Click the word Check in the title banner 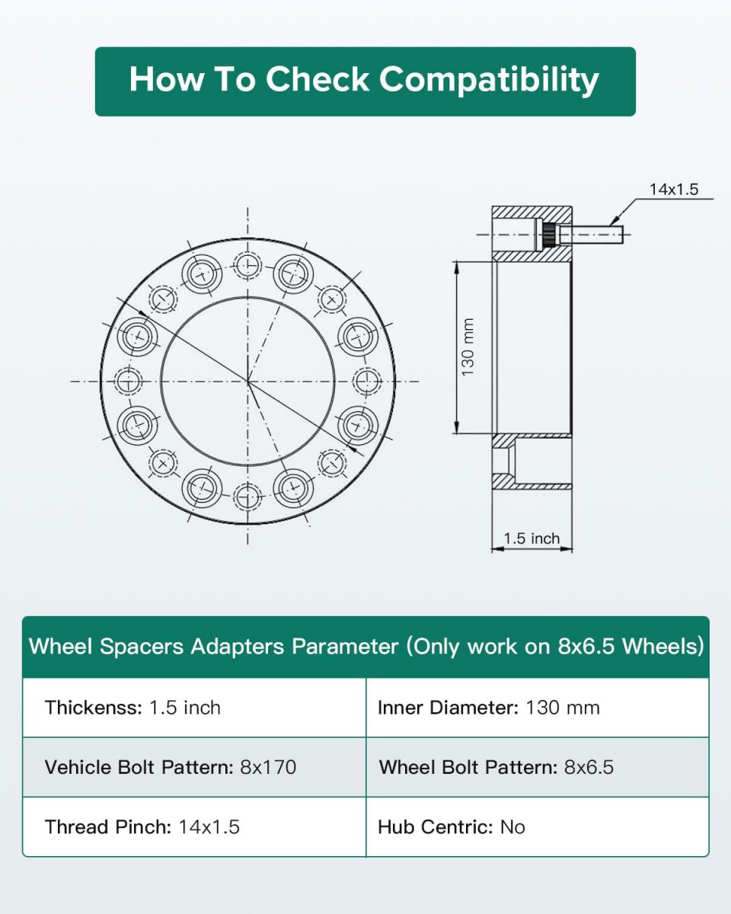point(318,79)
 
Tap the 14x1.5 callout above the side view point(674,189)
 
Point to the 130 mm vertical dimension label point(468,347)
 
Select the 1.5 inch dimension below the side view point(531,538)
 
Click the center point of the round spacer point(247,381)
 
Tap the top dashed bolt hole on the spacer point(247,266)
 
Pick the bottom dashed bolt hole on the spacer point(247,496)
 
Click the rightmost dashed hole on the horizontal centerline point(366,381)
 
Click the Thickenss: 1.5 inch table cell point(194,708)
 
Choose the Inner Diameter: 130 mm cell point(538,708)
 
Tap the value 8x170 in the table point(268,767)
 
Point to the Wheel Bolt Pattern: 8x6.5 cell point(538,767)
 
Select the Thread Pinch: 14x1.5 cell point(194,827)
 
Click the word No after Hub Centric point(512,827)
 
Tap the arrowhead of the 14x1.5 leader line point(612,222)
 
